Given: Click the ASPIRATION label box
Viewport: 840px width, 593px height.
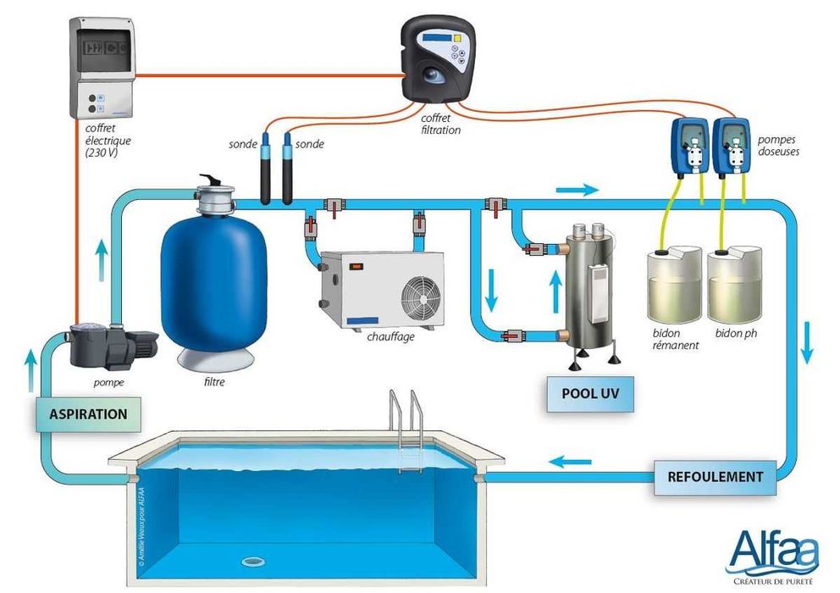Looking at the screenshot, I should [88, 414].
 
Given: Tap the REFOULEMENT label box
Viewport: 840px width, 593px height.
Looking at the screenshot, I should [716, 477].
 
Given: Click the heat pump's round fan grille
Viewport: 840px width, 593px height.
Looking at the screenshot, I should [420, 299].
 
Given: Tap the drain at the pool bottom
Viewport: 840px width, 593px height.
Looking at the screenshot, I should [251, 561].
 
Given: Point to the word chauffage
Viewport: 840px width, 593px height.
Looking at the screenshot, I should [390, 336].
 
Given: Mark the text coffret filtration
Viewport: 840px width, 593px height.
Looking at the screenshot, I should [441, 125].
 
